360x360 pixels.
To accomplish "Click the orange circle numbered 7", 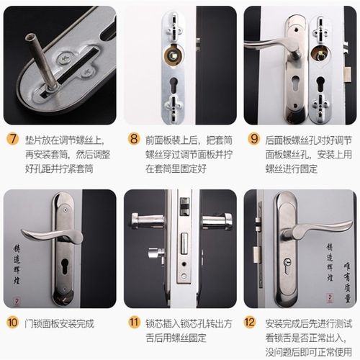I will [13, 139].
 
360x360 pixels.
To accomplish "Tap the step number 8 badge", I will [133, 139].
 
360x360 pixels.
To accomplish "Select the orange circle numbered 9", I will [253, 139].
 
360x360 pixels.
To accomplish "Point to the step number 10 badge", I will [13, 323].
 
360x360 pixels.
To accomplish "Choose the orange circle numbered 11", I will [133, 323].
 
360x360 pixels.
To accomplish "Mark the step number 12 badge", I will [253, 323].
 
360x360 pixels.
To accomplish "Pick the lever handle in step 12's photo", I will [306, 230].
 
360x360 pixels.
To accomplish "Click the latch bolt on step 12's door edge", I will [257, 252].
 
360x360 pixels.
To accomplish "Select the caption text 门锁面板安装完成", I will [60, 323].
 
